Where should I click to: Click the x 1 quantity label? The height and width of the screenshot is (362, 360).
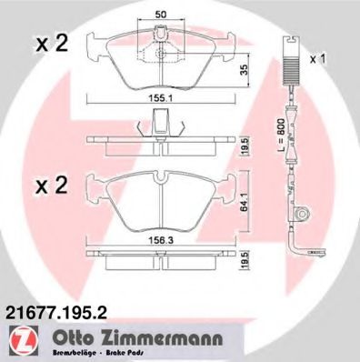pos(318,59)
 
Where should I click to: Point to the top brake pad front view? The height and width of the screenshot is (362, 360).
pos(159,59)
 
